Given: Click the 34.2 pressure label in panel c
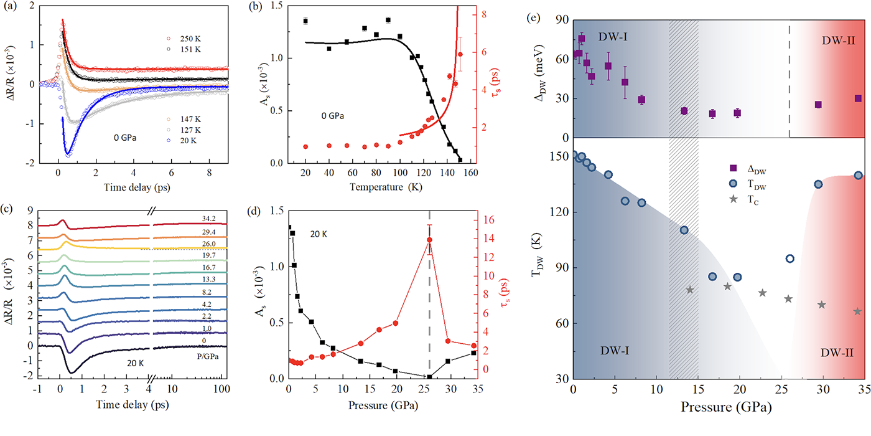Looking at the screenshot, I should (x=208, y=219).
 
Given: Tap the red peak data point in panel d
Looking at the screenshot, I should (x=429, y=240).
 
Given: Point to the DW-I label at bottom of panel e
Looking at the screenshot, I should (x=614, y=351).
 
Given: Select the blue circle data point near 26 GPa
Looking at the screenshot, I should (x=790, y=258).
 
